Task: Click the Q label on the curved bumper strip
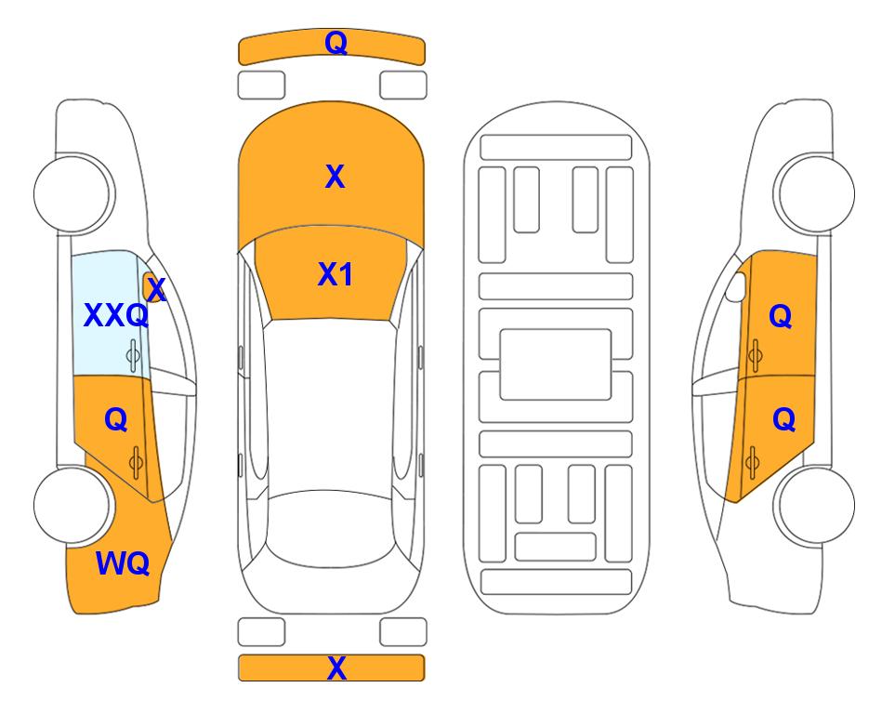point(336,42)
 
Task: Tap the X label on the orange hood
point(335,177)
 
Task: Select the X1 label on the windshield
point(335,274)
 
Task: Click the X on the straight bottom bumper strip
point(336,668)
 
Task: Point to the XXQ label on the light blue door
point(116,315)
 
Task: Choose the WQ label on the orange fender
point(123,563)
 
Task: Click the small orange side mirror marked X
point(151,287)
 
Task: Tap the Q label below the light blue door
point(116,420)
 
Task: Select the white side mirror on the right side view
point(735,286)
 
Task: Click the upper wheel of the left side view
point(73,193)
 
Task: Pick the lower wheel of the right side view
point(814,505)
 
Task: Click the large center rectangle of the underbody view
point(556,364)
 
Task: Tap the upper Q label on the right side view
point(781,316)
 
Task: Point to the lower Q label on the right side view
point(783,420)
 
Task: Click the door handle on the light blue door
point(133,355)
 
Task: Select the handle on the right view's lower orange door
point(752,462)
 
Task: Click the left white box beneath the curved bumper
point(261,86)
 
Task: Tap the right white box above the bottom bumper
point(403,632)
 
